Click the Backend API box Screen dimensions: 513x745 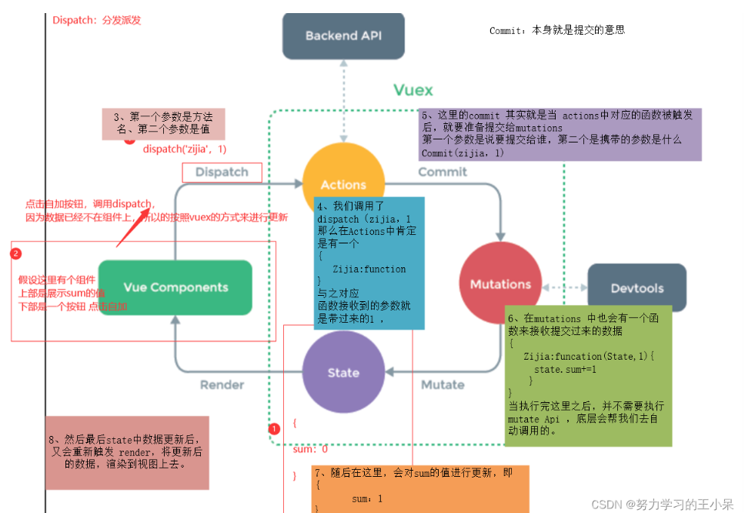point(343,35)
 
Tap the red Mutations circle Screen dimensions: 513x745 point(500,283)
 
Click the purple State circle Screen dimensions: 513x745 point(343,373)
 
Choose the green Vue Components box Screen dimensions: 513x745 point(175,287)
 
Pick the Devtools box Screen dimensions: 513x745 point(636,288)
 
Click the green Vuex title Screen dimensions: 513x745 point(413,90)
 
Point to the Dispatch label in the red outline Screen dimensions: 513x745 point(222,172)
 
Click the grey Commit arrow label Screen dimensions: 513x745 point(443,173)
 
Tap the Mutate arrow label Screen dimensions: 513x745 point(443,384)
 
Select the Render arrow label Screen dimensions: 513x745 point(222,384)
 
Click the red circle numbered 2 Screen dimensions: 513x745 point(15,253)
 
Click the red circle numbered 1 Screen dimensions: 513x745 point(274,429)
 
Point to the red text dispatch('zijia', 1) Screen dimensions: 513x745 point(185,149)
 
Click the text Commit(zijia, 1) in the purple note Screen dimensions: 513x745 point(463,153)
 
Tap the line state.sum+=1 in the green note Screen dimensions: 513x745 point(565,369)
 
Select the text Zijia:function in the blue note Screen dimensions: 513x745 point(369,269)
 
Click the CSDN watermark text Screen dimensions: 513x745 point(663,504)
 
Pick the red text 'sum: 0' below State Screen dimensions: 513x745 point(310,449)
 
